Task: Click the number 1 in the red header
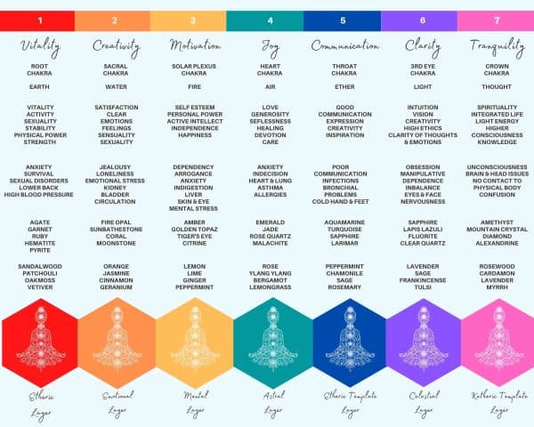tap(37, 20)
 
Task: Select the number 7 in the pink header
tap(496, 20)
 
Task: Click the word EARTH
tap(37, 87)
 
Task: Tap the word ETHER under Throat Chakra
tap(344, 87)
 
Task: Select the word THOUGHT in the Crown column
tap(496, 87)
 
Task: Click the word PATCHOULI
tap(37, 274)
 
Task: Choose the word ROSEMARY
tap(344, 288)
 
